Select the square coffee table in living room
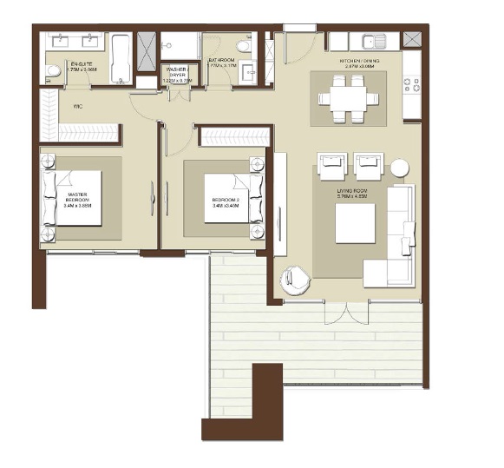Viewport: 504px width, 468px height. [x=355, y=224]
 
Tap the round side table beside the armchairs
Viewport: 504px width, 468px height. [x=399, y=168]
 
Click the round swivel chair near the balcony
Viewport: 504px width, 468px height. [x=294, y=280]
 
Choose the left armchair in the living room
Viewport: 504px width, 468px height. [x=332, y=164]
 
